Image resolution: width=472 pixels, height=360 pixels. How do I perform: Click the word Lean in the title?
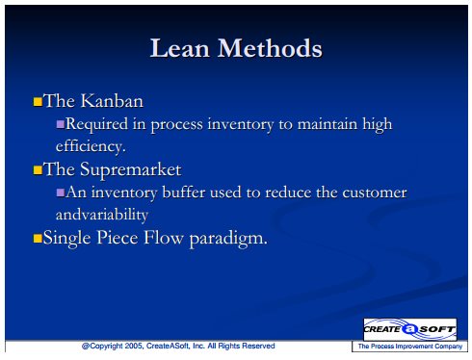pyautogui.click(x=180, y=48)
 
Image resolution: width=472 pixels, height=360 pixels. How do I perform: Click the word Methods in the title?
pyautogui.click(x=270, y=48)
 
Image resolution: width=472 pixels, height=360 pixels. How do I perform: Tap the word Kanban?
pyautogui.click(x=112, y=101)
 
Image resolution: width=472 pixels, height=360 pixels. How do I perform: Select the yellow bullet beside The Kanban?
pyautogui.click(x=38, y=101)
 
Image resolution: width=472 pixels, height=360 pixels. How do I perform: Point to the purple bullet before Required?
pyautogui.click(x=61, y=124)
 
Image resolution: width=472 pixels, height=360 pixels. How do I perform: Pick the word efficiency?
pyautogui.click(x=91, y=146)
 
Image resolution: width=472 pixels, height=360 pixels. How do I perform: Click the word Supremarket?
pyautogui.click(x=131, y=169)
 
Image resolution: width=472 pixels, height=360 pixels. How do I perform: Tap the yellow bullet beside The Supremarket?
pyautogui.click(x=38, y=169)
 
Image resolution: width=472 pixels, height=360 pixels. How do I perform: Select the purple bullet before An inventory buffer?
pyautogui.click(x=61, y=193)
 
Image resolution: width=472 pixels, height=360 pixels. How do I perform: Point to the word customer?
pyautogui.click(x=375, y=193)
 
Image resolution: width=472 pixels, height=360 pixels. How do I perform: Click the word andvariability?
pyautogui.click(x=102, y=215)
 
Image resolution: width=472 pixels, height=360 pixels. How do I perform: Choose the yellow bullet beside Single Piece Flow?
pyautogui.click(x=38, y=238)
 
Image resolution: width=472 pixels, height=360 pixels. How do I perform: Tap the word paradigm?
pyautogui.click(x=228, y=239)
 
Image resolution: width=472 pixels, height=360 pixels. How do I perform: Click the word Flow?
pyautogui.click(x=164, y=238)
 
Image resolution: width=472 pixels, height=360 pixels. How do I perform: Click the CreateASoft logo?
pyautogui.click(x=410, y=329)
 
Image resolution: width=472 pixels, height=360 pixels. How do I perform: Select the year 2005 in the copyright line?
pyautogui.click(x=134, y=346)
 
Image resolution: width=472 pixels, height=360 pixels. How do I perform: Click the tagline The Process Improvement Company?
pyautogui.click(x=410, y=347)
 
